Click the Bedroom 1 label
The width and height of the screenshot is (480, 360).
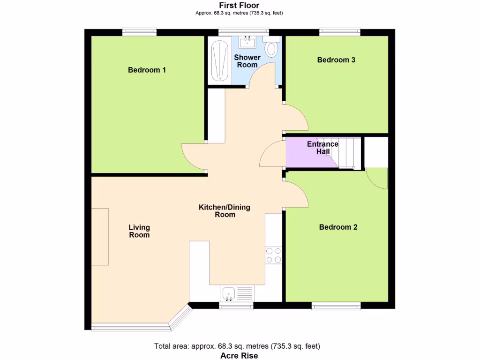147,70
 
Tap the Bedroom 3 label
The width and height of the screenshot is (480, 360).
336,60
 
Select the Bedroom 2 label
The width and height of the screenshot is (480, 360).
338,227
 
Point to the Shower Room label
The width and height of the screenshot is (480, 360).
247,61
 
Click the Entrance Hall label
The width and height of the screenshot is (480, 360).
322,148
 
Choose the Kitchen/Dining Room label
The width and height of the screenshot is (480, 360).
225,211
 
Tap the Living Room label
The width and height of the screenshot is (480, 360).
139,231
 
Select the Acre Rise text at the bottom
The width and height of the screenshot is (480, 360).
239,356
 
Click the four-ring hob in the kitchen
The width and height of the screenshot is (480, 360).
274,255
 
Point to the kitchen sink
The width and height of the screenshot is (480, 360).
229,293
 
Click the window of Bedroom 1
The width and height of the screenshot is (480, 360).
139,32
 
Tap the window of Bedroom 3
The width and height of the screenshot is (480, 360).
340,32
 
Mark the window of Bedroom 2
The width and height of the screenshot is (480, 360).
336,306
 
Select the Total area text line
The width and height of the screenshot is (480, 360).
237,346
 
